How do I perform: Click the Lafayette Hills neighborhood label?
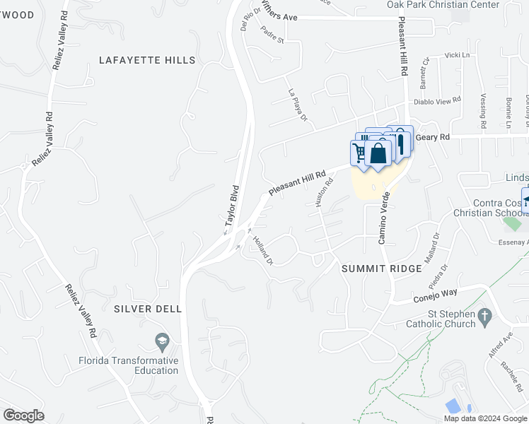pos(147,61)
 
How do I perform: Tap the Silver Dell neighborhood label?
pos(147,309)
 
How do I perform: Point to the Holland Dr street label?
pos(262,250)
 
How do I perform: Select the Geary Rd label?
pos(433,136)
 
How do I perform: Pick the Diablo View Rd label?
pos(436,100)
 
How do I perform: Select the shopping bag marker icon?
pos(379,153)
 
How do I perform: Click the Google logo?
pos(23,415)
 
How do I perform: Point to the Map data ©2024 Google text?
pos(485,418)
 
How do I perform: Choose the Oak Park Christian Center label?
pos(453,5)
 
